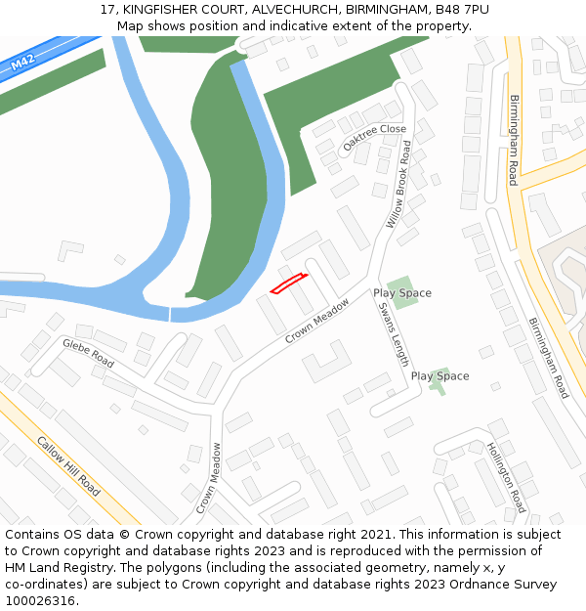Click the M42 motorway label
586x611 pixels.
click(22, 64)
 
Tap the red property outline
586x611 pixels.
click(288, 284)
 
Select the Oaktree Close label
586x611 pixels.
click(374, 136)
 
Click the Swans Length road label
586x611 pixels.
click(394, 333)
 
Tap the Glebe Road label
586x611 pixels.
click(88, 353)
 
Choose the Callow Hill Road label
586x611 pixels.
click(68, 463)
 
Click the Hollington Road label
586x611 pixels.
click(506, 477)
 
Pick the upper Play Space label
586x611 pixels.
click(401, 293)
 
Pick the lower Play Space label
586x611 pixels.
click(439, 376)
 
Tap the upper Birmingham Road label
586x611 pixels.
click(513, 140)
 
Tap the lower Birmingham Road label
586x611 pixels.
click(548, 358)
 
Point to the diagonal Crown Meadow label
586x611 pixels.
click(317, 321)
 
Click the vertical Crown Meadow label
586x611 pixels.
click(208, 478)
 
